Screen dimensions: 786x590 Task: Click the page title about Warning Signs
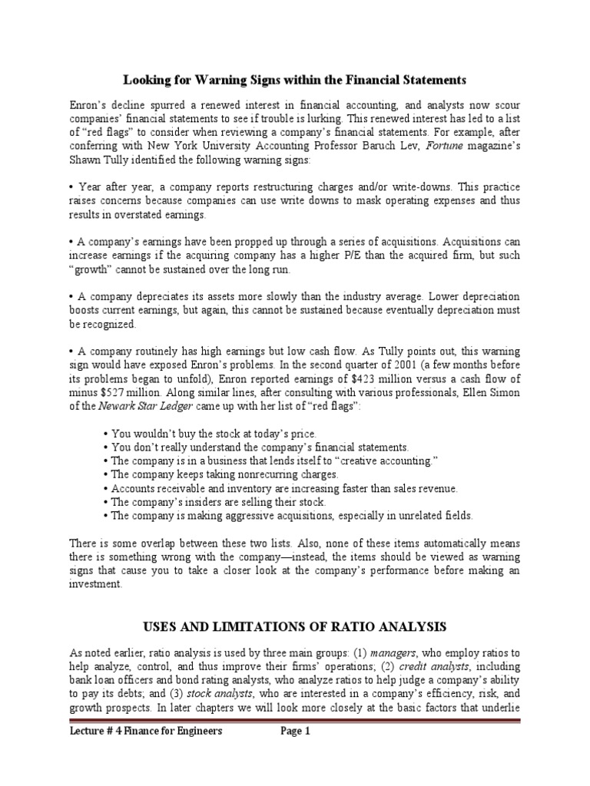[295, 79]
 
